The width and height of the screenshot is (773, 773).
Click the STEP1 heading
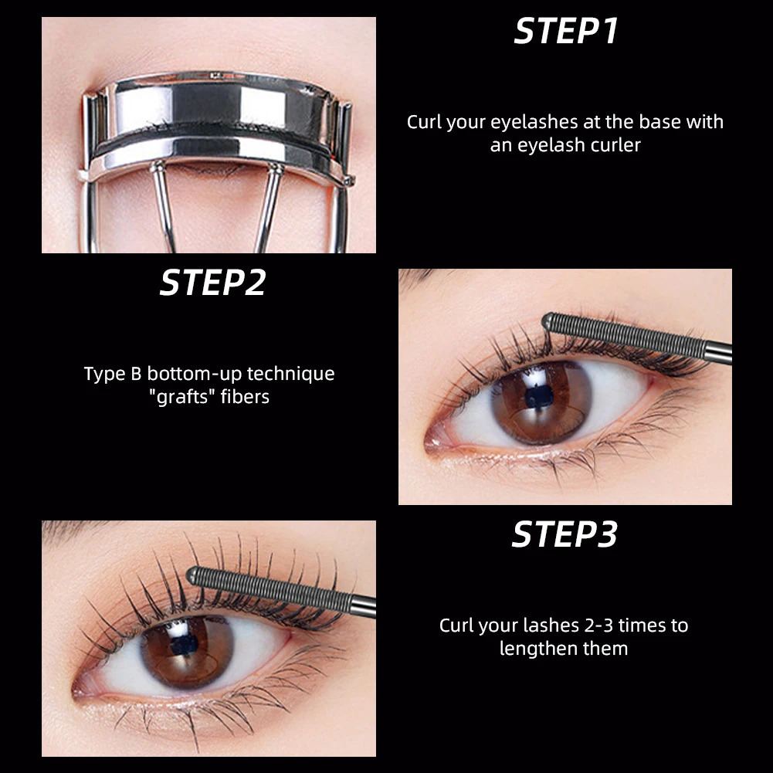566,32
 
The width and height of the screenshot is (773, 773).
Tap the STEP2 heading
212,283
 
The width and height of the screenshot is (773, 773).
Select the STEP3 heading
564,535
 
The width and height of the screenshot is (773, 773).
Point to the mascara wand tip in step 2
549,318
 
